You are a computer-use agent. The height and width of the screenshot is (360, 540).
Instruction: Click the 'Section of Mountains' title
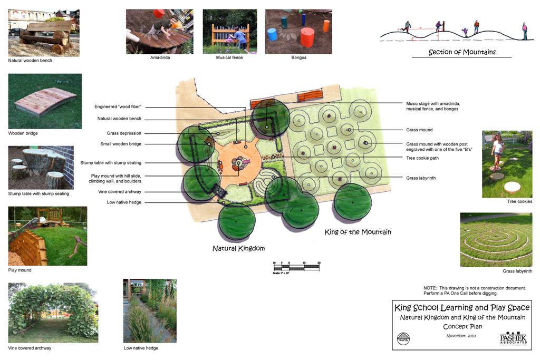pyautogui.click(x=462, y=52)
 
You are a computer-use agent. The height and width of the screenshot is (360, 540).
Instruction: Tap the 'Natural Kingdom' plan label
pyautogui.click(x=238, y=248)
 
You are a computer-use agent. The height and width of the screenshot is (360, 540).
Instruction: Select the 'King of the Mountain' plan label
pyautogui.click(x=358, y=232)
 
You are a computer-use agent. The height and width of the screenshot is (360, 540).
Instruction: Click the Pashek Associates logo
pyautogui.click(x=513, y=338)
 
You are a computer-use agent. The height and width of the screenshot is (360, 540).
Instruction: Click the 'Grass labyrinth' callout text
pyautogui.click(x=421, y=178)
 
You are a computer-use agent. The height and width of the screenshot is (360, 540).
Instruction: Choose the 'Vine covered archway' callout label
pyautogui.click(x=120, y=192)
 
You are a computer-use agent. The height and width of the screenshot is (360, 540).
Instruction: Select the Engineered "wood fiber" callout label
pyautogui.click(x=118, y=107)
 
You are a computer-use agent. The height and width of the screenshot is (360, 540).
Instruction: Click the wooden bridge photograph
pyautogui.click(x=44, y=101)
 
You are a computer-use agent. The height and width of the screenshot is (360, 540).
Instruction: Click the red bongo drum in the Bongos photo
pyautogui.click(x=307, y=37)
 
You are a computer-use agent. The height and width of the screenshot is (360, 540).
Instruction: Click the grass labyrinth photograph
pyautogui.click(x=496, y=239)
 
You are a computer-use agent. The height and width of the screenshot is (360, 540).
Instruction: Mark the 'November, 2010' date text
pyautogui.click(x=461, y=336)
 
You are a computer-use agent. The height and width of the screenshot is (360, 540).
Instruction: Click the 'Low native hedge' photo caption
pyautogui.click(x=141, y=348)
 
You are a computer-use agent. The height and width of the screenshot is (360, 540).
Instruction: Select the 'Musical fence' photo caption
pyautogui.click(x=229, y=57)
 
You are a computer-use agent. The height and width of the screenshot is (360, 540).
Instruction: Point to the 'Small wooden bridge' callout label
pyautogui.click(x=121, y=144)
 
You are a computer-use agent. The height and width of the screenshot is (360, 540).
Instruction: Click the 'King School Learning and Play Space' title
pyautogui.click(x=462, y=308)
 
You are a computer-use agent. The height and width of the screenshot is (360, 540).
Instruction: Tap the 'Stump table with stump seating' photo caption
pyautogui.click(x=38, y=194)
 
